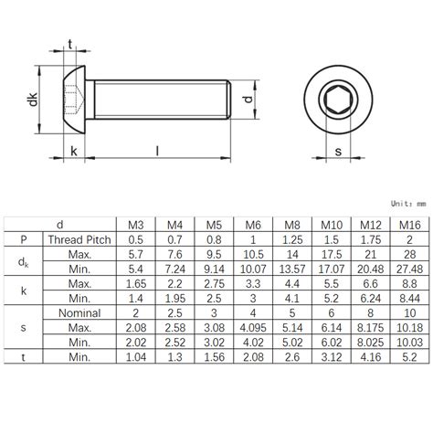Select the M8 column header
click(x=290, y=225)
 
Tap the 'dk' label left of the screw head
click(x=34, y=101)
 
